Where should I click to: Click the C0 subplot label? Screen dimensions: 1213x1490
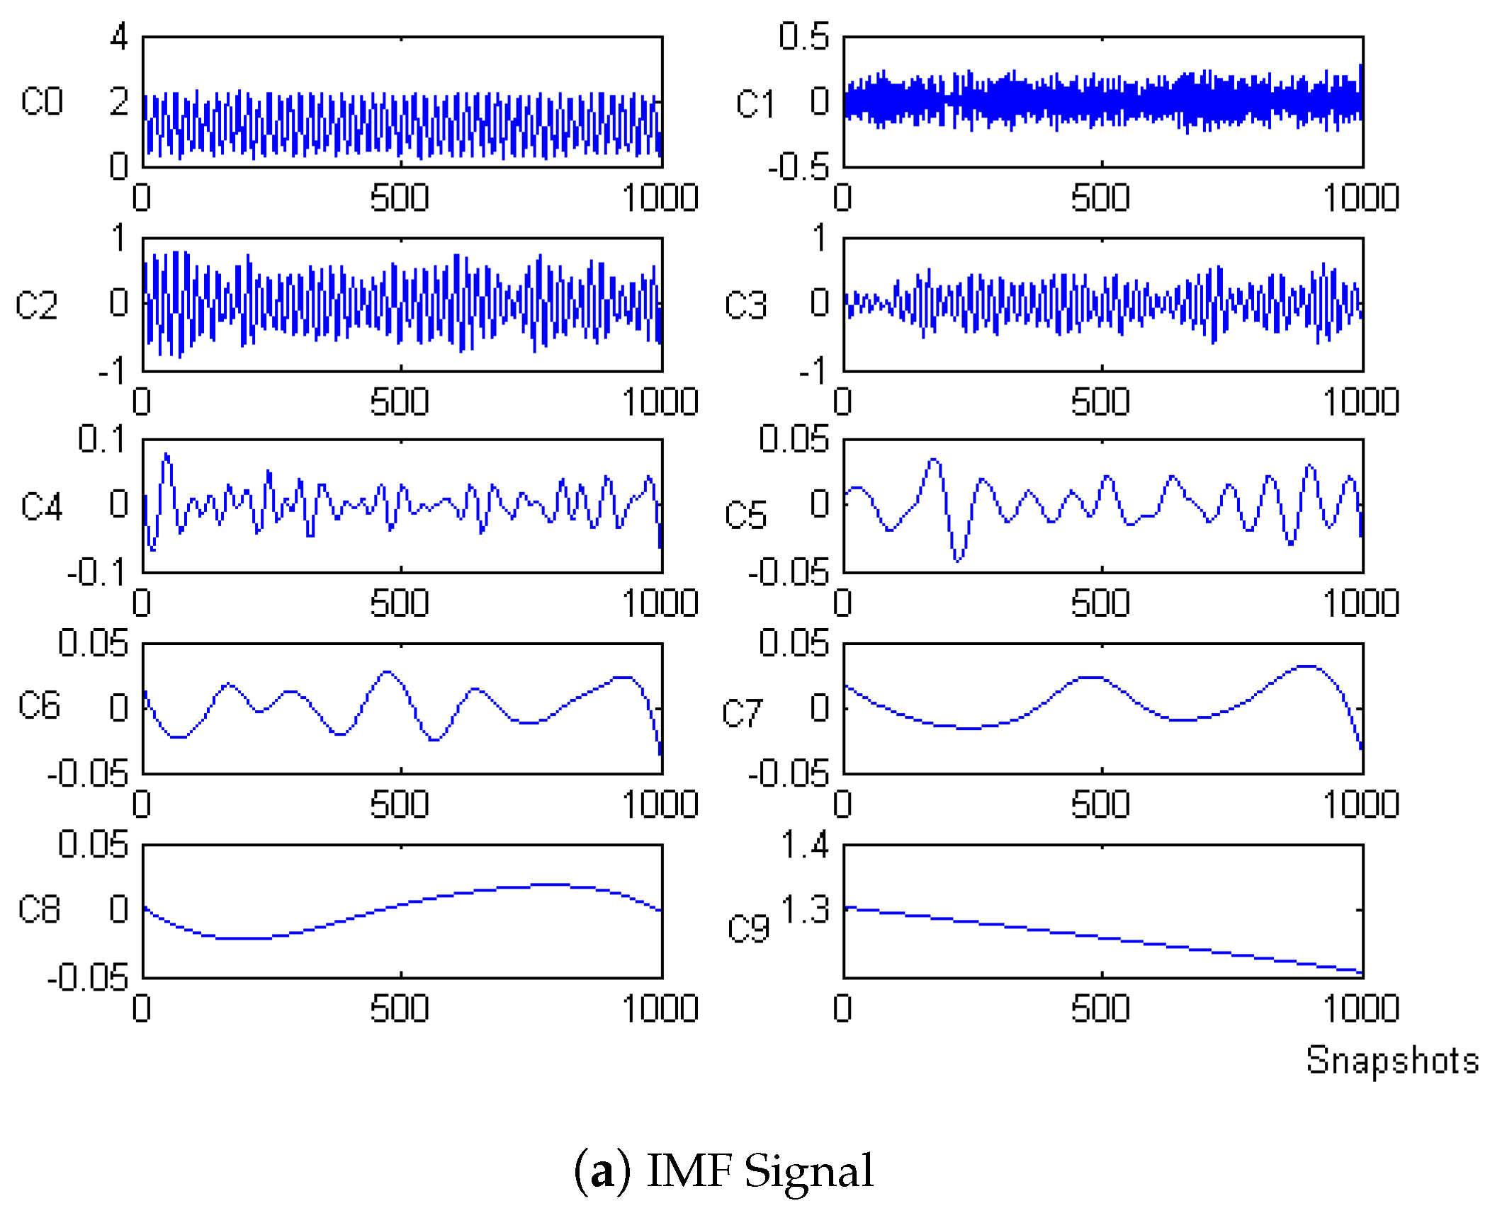[x=42, y=101]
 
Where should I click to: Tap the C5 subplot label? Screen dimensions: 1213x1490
[x=745, y=515]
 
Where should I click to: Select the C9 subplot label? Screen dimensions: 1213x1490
[x=748, y=928]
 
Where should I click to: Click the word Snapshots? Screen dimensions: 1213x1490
[x=1392, y=1061]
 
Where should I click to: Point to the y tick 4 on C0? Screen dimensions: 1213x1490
[x=118, y=36]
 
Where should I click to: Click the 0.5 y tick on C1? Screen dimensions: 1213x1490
[x=803, y=36]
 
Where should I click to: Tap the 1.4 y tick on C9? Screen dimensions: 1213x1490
[x=804, y=845]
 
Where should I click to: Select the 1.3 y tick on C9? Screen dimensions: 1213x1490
[x=804, y=910]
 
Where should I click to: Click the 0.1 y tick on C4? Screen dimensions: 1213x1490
[x=101, y=439]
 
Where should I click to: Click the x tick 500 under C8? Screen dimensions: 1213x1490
[x=400, y=1008]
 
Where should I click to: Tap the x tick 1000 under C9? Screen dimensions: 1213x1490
[x=1360, y=1008]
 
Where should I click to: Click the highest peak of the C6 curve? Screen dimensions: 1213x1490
[x=387, y=671]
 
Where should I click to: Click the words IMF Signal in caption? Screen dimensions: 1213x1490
[x=760, y=1171]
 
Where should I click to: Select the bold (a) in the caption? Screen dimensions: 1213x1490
[x=602, y=1171]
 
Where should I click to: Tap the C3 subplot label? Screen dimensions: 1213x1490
[x=745, y=305]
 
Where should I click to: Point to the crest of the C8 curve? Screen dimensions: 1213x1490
[x=553, y=884]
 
